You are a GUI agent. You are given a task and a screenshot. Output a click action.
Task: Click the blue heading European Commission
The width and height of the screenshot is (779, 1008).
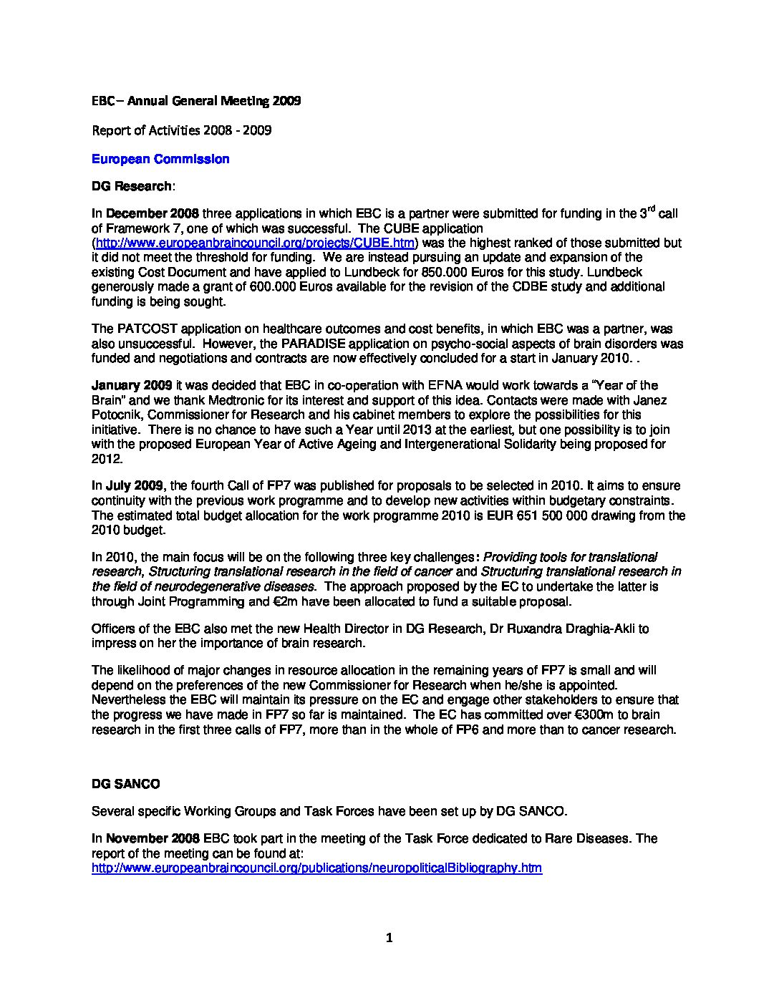tap(160, 159)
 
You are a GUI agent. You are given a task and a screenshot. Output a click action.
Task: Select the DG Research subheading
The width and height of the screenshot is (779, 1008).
tap(132, 186)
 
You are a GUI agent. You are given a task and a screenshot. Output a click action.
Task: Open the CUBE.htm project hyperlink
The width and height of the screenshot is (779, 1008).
tap(255, 243)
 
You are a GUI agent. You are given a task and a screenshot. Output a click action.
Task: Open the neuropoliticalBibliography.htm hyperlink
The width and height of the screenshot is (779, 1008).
tap(316, 868)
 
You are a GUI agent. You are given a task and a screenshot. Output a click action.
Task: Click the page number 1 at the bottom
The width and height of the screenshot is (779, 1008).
tap(389, 938)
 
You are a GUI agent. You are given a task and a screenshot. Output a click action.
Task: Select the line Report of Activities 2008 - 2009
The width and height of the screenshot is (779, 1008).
tap(181, 130)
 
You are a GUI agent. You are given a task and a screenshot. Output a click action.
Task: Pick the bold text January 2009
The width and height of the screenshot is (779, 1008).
tap(130, 386)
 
